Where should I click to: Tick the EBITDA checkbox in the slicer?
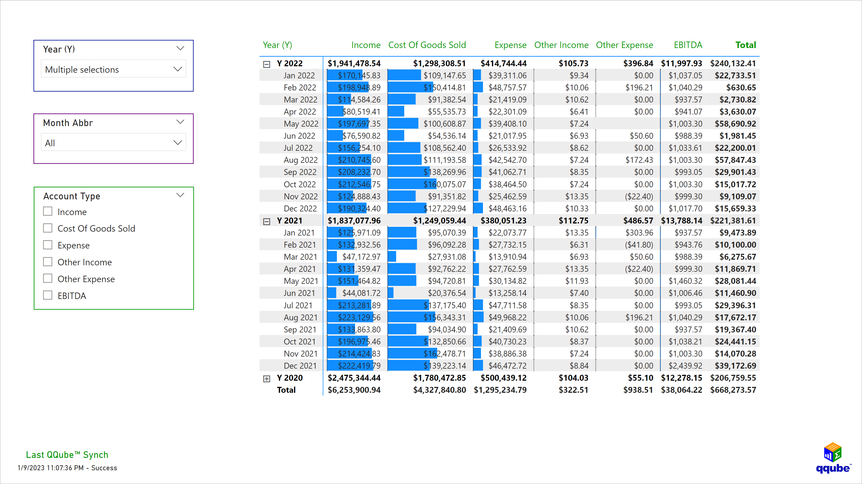pos(48,295)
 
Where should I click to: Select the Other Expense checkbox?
pos(48,278)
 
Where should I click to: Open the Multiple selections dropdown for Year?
pos(113,69)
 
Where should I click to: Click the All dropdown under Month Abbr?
pos(113,143)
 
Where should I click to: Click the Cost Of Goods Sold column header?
pos(427,45)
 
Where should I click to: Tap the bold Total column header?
pos(745,45)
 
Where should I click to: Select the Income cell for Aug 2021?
pos(359,317)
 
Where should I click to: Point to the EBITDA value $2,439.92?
pos(685,366)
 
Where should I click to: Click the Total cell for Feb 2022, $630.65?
pos(741,88)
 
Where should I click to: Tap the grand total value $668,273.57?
pos(733,390)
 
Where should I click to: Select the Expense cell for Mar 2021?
pos(507,257)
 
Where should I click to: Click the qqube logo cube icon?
pos(832,452)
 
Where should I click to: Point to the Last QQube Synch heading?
pos(67,455)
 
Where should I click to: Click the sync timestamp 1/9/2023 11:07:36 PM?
pos(51,468)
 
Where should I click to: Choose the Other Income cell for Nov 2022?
pos(576,196)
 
